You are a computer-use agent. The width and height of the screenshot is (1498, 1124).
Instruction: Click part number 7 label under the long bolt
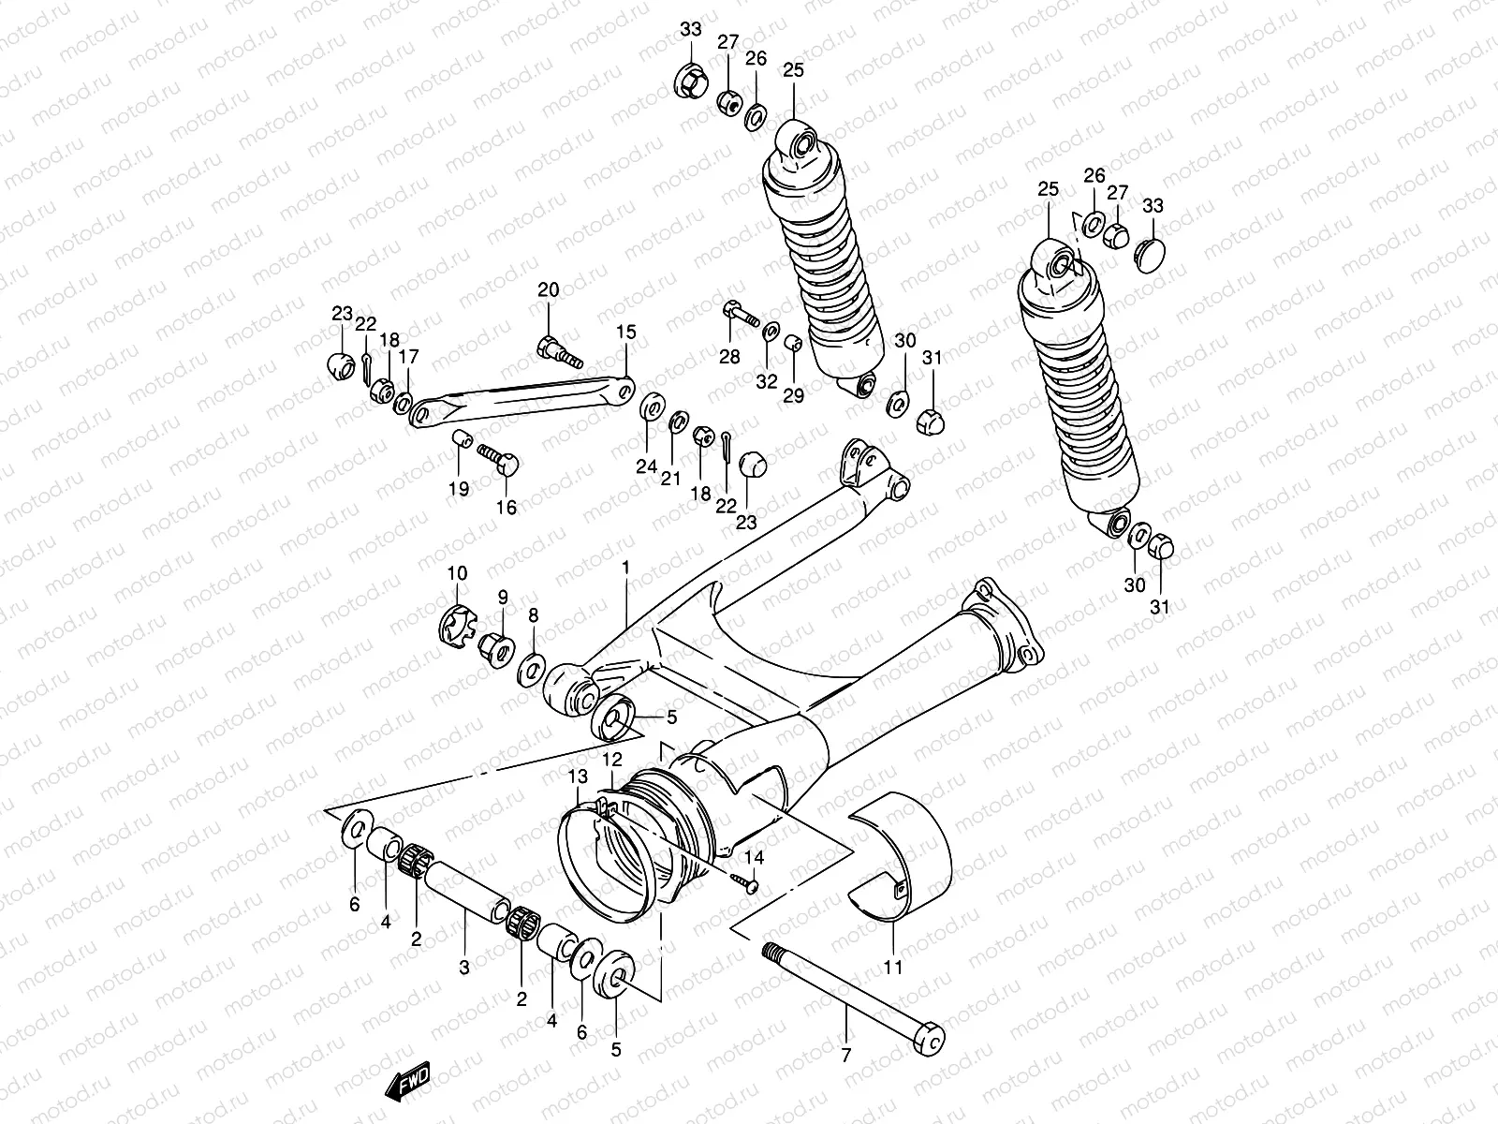[x=846, y=1056]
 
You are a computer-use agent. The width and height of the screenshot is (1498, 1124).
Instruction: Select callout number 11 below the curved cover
[x=892, y=966]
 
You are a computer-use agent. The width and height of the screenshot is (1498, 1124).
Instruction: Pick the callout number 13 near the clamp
[x=578, y=776]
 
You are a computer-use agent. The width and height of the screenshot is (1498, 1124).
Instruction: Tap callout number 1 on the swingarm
[x=625, y=568]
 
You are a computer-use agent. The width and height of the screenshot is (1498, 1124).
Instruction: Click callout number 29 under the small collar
[x=793, y=396]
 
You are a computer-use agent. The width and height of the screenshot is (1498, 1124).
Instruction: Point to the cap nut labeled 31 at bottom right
[x=1161, y=545]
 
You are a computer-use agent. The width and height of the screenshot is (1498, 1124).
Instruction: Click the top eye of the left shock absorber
[x=799, y=144]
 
